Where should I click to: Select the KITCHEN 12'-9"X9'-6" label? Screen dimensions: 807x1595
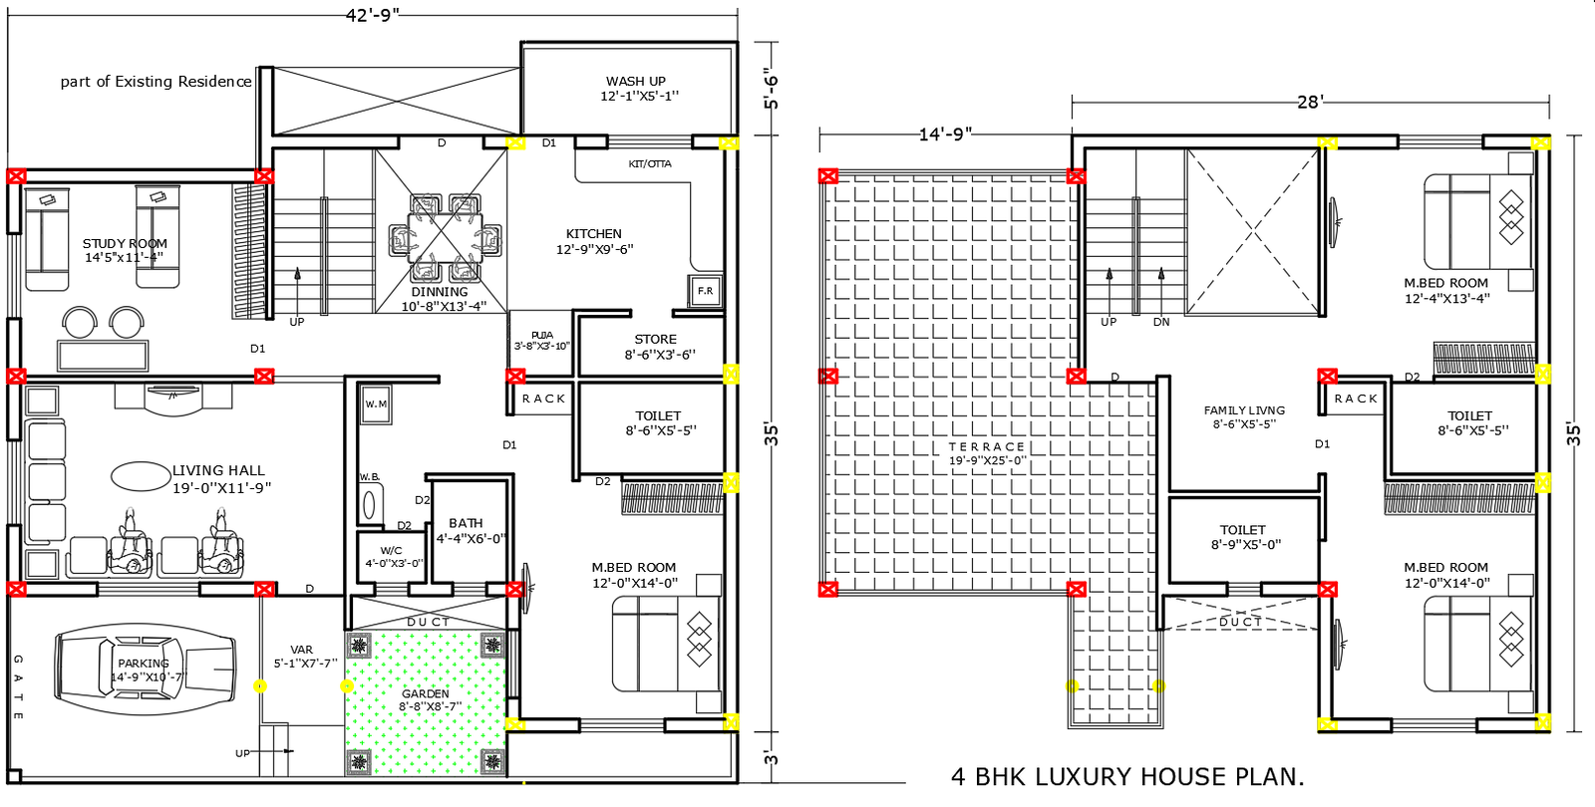tap(594, 241)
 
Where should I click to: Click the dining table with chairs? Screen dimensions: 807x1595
tap(445, 239)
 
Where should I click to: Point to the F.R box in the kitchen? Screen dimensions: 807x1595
tap(705, 291)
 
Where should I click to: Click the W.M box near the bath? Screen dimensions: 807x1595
tap(376, 404)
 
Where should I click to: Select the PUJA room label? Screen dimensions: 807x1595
tap(541, 341)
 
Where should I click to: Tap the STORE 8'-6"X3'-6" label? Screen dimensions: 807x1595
tap(658, 347)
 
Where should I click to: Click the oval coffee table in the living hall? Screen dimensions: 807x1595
tap(141, 476)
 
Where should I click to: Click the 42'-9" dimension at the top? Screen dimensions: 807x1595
tap(372, 14)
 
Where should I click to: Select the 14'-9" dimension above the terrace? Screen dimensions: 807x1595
tap(944, 134)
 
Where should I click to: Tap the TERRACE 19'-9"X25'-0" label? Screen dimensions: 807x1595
tap(986, 453)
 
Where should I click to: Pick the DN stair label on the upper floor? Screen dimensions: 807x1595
tap(1161, 322)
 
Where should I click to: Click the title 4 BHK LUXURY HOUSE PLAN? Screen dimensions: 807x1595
tap(1126, 777)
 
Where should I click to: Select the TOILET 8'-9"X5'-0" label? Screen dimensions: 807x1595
tap(1244, 537)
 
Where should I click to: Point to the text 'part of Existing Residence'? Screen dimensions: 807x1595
tap(156, 82)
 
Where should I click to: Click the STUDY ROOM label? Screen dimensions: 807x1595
tap(125, 250)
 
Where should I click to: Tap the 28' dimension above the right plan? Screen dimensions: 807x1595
tap(1310, 102)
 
